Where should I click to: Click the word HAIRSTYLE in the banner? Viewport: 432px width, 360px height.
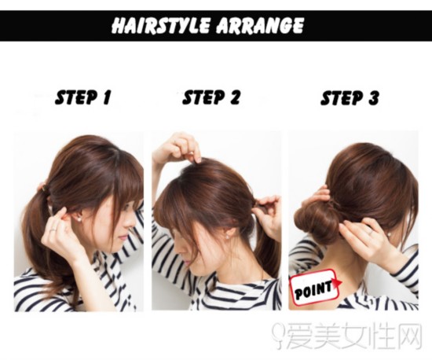[x=160, y=25]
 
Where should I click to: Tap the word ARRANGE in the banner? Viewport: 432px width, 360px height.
[x=259, y=25]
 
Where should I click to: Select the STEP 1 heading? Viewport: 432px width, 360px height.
[x=83, y=97]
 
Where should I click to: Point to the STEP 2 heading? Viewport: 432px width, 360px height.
[x=211, y=97]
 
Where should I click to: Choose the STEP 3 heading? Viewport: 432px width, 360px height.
[x=350, y=97]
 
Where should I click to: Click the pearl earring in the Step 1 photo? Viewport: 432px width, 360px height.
[x=81, y=219]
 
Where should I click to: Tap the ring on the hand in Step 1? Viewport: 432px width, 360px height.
[x=54, y=229]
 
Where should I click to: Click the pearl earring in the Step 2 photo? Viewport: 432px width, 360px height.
[x=228, y=237]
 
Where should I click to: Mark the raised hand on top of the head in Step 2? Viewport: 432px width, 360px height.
[x=179, y=148]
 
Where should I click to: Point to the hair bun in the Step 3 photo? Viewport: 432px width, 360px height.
[x=314, y=222]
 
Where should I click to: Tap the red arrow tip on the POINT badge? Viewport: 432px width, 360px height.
[x=342, y=282]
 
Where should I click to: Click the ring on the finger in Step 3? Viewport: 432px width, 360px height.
[x=372, y=233]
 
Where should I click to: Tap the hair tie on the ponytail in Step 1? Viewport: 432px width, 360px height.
[x=44, y=189]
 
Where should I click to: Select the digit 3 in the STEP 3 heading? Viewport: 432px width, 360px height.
[x=373, y=97]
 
